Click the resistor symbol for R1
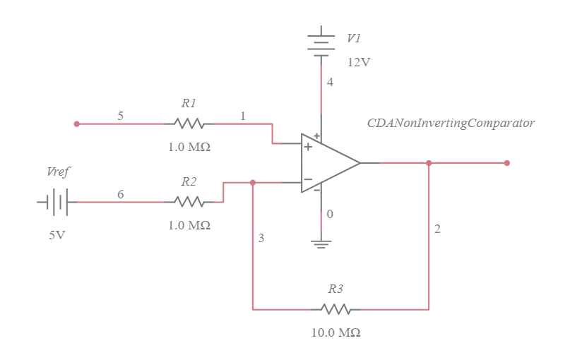point(189,124)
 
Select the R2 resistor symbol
point(189,202)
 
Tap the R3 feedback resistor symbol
point(336,309)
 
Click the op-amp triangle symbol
point(328,163)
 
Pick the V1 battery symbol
point(322,42)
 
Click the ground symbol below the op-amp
point(322,244)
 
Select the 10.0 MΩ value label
point(336,332)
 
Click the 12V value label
point(358,62)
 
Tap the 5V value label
point(57,235)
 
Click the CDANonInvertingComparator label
point(451,123)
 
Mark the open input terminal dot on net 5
point(77,124)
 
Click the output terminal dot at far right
point(507,163)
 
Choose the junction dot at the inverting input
point(253,182)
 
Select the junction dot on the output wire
point(429,163)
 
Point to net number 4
point(330,83)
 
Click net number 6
point(121,194)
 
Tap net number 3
point(261,239)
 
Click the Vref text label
point(58,172)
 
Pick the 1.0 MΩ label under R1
point(189,148)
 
